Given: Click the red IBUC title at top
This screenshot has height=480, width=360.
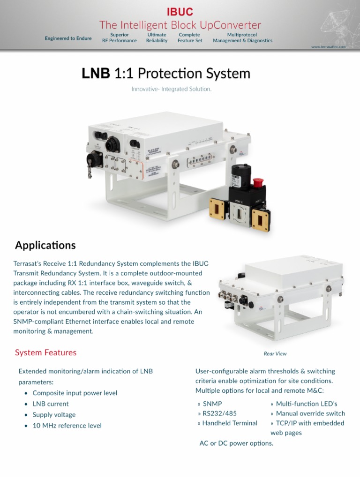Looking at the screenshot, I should (x=180, y=12).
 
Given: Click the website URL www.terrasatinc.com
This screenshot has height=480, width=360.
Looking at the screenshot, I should (x=328, y=47).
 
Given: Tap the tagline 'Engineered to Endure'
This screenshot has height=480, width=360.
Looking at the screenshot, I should (x=68, y=38).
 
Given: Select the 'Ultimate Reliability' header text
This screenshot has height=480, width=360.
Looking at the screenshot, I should (x=157, y=37).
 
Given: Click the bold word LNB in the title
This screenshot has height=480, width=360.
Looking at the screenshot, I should (x=96, y=74).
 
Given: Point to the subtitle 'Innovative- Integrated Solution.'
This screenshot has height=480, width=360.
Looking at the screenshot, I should (x=171, y=89).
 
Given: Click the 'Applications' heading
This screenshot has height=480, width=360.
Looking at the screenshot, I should (x=45, y=245).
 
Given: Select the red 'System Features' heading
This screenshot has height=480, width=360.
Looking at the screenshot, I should (x=45, y=352).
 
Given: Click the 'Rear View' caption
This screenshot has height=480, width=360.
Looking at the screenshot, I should (x=275, y=354).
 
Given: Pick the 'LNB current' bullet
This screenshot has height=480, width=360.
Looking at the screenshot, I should (x=51, y=404).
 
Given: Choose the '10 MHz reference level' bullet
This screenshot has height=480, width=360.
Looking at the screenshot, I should (x=67, y=426).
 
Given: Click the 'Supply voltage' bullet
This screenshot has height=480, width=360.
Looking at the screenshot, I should (x=54, y=415).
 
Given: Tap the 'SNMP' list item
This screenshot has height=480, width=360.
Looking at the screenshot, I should (x=212, y=404).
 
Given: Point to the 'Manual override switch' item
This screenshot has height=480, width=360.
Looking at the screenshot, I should (x=310, y=413).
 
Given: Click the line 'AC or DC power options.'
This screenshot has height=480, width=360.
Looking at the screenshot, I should (x=236, y=443).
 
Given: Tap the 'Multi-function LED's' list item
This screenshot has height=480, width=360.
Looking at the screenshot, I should (x=306, y=404).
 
